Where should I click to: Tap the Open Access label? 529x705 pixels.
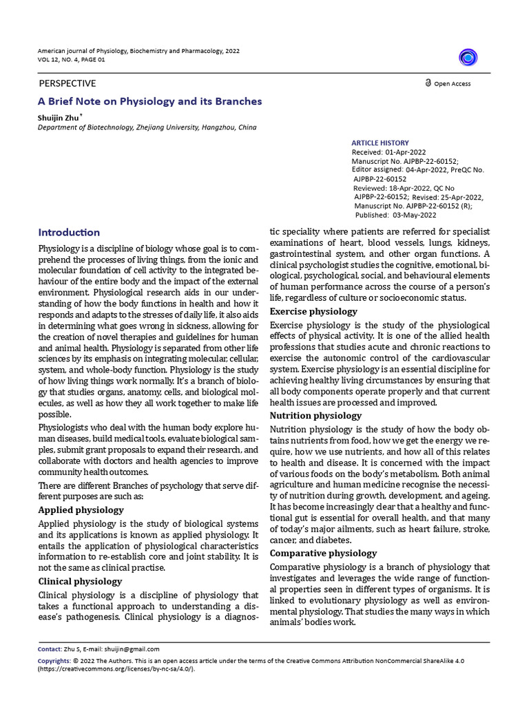(x=451, y=84)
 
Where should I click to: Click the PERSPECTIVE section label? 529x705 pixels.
(x=67, y=83)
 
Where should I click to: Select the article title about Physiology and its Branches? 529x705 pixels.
(x=149, y=101)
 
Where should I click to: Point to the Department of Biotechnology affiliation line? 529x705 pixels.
(x=147, y=128)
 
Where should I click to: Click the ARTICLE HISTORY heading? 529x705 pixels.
(x=380, y=143)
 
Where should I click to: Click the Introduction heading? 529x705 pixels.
(x=69, y=233)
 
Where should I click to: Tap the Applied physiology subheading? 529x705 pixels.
(x=81, y=510)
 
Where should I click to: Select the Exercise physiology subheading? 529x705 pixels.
(x=313, y=312)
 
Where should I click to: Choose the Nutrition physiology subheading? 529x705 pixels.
(x=315, y=416)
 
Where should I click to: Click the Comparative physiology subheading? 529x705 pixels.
(x=323, y=553)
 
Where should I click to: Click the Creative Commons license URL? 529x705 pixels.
(x=116, y=669)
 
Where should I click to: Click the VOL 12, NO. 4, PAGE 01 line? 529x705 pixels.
(x=72, y=60)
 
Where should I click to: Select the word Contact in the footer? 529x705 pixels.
(x=49, y=649)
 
